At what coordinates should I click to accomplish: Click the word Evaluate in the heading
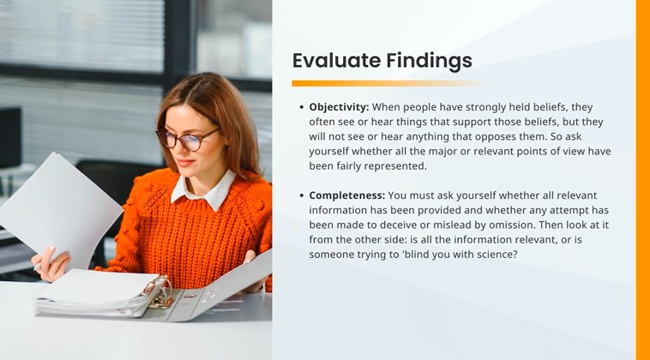coord(337,61)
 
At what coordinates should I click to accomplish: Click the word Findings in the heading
coord(429,62)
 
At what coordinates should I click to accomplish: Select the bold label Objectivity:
coord(339,107)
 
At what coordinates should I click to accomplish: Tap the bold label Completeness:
coord(347,195)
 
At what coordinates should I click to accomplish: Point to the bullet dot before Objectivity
coord(301,107)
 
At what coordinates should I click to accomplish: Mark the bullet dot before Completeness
coord(301,195)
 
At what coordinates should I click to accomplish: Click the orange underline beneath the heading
coord(388,83)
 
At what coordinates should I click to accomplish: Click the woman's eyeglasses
coord(187,138)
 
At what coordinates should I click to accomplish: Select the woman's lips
coord(184,162)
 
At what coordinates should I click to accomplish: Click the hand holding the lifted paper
coord(51,263)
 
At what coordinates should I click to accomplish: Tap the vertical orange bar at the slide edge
coord(642,180)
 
